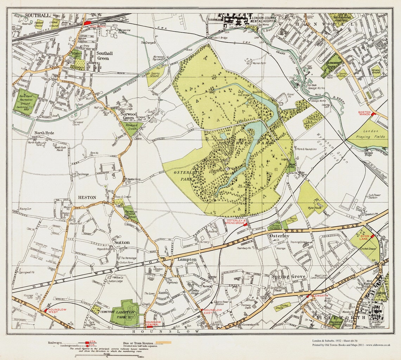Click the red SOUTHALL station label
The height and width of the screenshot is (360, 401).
point(98,26)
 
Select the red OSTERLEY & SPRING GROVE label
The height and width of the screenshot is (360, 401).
point(235,222)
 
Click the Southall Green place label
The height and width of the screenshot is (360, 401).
point(105,56)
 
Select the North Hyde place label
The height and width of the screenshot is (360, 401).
point(44,133)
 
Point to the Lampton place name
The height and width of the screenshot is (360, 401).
point(187,259)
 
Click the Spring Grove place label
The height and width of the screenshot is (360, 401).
point(288,277)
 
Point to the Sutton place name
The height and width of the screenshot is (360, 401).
point(121,242)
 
